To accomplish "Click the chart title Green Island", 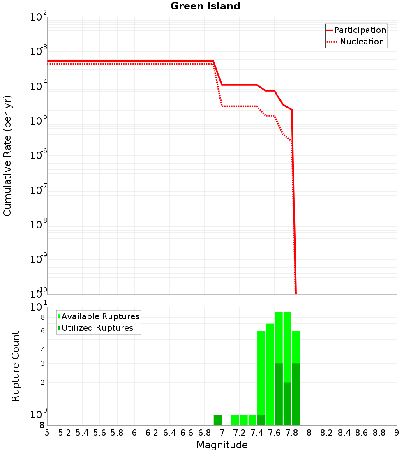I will [x=205, y=6].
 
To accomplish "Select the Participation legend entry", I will [x=360, y=30].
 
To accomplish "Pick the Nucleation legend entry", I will [x=362, y=42].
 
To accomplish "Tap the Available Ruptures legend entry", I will [x=100, y=316].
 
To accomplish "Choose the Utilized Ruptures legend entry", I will [x=97, y=328].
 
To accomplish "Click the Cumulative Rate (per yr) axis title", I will [x=7, y=156].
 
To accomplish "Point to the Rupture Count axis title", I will [x=16, y=366].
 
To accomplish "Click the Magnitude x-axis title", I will [x=222, y=445].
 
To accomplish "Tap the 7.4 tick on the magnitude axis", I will [x=257, y=433].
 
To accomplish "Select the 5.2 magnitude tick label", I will [x=65, y=433].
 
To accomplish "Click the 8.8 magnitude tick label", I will [x=379, y=433].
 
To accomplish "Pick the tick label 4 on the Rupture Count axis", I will [x=42, y=350].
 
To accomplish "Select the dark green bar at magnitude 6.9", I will [x=217, y=420].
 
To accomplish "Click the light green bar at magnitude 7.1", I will [x=235, y=420].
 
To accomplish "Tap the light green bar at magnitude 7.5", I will [x=270, y=374].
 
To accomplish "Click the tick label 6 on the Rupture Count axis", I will [x=42, y=331].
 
